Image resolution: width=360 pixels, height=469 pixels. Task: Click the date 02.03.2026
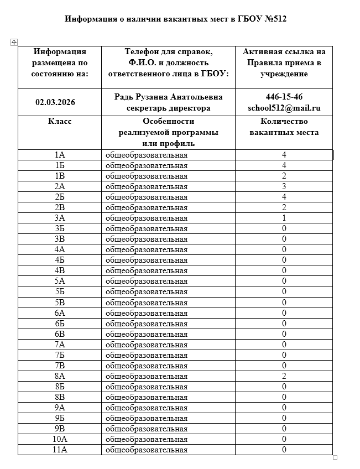click(55, 102)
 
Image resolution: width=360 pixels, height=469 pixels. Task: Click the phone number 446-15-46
click(284, 97)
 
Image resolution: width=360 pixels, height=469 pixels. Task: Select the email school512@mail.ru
click(284, 108)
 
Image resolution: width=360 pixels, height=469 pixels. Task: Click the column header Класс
click(60, 122)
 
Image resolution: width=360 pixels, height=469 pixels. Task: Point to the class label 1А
click(60, 155)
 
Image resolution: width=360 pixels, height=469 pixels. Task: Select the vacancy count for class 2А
click(284, 186)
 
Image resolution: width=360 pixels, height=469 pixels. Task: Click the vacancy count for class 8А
click(284, 376)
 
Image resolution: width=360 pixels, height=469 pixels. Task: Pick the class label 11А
click(60, 450)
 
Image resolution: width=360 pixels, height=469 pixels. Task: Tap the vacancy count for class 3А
click(284, 218)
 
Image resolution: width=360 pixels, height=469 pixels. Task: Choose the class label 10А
click(60, 439)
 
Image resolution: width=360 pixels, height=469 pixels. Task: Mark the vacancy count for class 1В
click(284, 176)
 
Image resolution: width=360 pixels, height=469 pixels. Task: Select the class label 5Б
click(60, 291)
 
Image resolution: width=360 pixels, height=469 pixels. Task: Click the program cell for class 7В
click(147, 366)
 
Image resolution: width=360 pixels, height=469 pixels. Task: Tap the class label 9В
click(60, 429)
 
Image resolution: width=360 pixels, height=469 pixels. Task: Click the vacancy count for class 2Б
click(284, 197)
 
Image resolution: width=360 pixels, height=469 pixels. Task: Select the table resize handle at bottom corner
click(335, 457)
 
